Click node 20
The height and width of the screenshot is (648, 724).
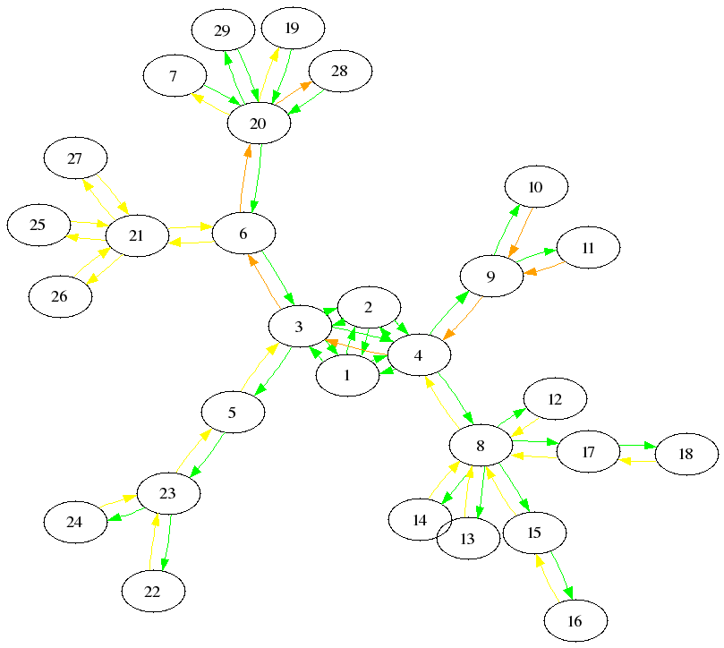pos(259,124)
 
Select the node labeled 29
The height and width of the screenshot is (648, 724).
pos(223,31)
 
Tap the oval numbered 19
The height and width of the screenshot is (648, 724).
pos(292,29)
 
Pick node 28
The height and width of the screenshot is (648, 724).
pos(339,72)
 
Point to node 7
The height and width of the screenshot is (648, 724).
pos(174,77)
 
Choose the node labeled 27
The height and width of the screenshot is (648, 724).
pos(75,159)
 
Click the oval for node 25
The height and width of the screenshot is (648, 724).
pos(38,225)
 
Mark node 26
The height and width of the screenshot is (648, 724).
pos(60,297)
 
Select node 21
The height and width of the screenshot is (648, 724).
pos(137,236)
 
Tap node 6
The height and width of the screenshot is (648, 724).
pos(243,234)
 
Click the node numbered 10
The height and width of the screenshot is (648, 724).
pos(536,187)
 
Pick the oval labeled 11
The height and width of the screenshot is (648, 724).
pos(588,249)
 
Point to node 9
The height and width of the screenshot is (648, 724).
pos(490,277)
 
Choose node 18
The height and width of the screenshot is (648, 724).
pos(686,454)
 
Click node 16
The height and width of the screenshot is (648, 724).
pos(575,621)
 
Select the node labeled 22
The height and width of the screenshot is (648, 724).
pos(153,592)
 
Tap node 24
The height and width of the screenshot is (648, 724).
pos(75,522)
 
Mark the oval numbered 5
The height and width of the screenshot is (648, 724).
pos(233,414)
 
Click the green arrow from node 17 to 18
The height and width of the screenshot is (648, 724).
pos(637,445)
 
